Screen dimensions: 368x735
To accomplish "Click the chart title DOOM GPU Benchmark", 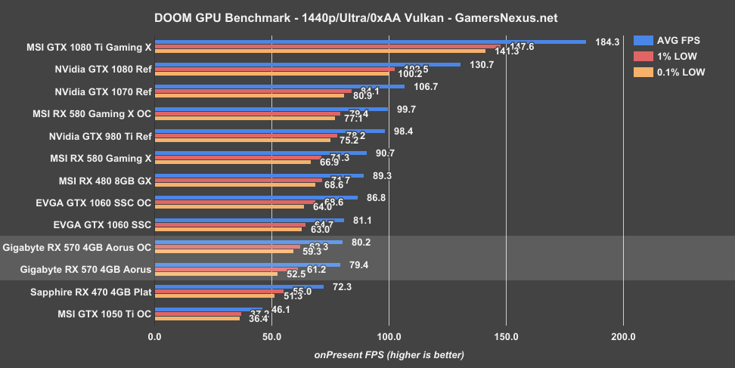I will [x=367, y=17].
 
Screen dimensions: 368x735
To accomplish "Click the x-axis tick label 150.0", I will [x=506, y=337].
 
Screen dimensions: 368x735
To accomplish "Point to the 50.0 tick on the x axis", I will [x=271, y=337].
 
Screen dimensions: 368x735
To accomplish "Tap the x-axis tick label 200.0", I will [x=623, y=337].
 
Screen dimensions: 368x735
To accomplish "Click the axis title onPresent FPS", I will [x=389, y=354].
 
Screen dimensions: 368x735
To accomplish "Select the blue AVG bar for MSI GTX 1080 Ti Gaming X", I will [x=371, y=42].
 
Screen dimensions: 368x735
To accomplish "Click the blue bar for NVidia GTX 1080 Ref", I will [x=308, y=64].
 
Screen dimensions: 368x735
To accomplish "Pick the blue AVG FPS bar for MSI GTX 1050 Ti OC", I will [x=209, y=308].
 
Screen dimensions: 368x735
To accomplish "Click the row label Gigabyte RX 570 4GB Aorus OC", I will [x=77, y=247].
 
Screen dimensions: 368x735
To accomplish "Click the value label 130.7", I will [x=482, y=64].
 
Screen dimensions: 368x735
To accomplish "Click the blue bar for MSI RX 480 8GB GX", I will [x=259, y=175].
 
